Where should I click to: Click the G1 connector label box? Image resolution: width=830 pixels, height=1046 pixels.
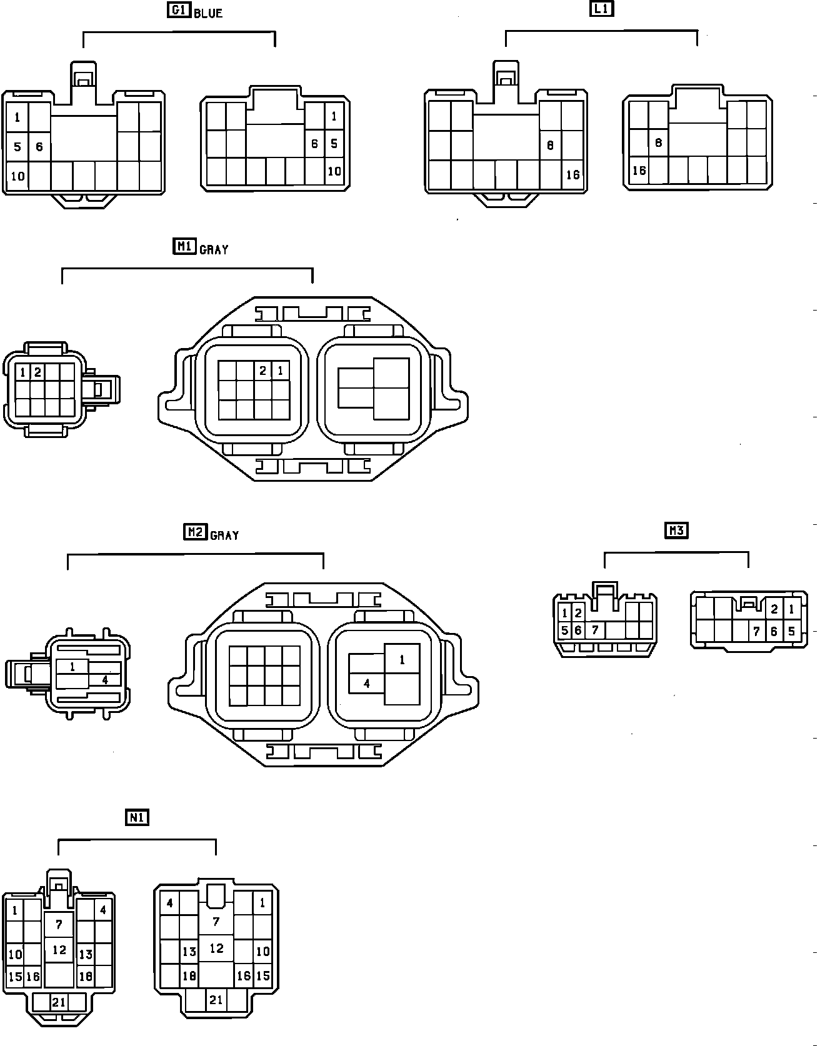click(179, 11)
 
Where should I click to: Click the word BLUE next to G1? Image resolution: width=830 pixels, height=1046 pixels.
click(208, 13)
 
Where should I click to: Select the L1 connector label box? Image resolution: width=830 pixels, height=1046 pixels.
click(601, 9)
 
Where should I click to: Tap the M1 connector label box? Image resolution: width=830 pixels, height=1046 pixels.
click(184, 246)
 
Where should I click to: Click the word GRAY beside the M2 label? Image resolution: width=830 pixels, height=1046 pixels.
click(224, 535)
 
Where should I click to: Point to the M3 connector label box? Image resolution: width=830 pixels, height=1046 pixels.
click(676, 530)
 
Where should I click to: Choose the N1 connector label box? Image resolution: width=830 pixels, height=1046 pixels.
click(137, 817)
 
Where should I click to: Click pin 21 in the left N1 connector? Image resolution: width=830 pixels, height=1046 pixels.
click(59, 1002)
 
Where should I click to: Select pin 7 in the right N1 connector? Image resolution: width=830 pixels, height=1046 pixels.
click(216, 921)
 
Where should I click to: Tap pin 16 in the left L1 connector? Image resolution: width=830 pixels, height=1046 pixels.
click(572, 175)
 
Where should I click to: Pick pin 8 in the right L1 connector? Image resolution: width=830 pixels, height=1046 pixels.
click(658, 143)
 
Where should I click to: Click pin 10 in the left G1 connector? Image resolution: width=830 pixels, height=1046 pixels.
click(17, 176)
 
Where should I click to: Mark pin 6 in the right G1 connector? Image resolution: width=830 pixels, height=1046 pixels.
click(314, 144)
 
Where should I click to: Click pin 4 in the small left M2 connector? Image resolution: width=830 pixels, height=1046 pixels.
click(105, 680)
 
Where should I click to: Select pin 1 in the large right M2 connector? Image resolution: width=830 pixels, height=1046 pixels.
click(402, 660)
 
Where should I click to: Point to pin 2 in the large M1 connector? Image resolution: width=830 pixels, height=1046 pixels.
click(262, 371)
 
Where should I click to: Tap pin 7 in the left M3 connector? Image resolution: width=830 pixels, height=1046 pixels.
click(595, 630)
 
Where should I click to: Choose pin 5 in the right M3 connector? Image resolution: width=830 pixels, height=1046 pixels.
click(791, 631)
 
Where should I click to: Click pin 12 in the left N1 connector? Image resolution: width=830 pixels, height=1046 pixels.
click(59, 950)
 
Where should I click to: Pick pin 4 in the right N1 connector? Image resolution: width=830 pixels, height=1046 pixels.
click(169, 903)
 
